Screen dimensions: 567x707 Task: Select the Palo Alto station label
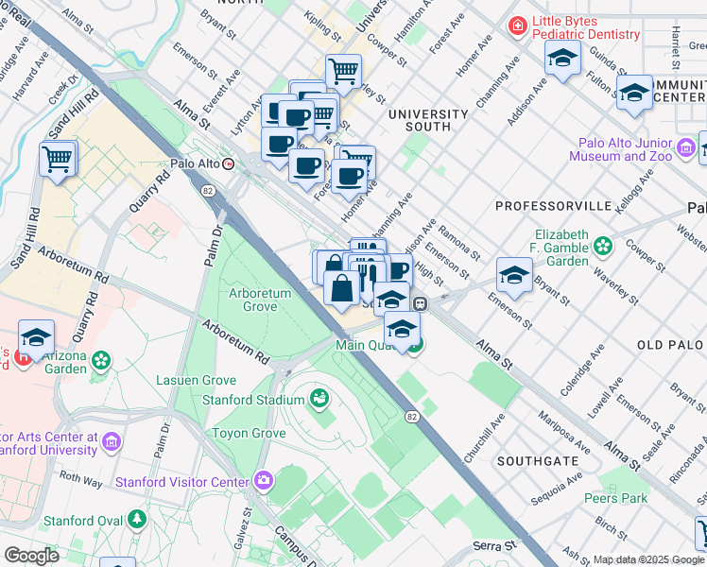195,163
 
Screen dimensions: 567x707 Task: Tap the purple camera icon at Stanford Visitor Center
262,481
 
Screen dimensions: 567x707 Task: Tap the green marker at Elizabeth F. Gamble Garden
603,248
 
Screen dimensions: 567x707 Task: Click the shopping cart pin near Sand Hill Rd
59,159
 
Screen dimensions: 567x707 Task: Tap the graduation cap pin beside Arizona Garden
36,338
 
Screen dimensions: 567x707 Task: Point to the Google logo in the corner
30,556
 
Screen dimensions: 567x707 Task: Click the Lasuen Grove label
195,381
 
